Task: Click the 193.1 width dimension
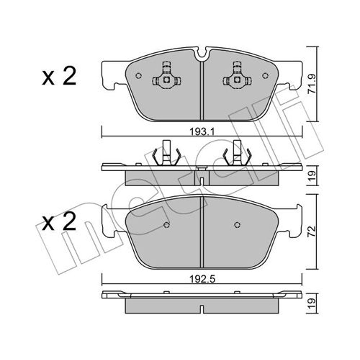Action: point(202,132)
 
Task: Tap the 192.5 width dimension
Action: point(202,279)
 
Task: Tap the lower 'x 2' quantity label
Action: point(59,221)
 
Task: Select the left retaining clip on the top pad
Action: point(167,75)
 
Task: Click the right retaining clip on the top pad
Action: point(237,75)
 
